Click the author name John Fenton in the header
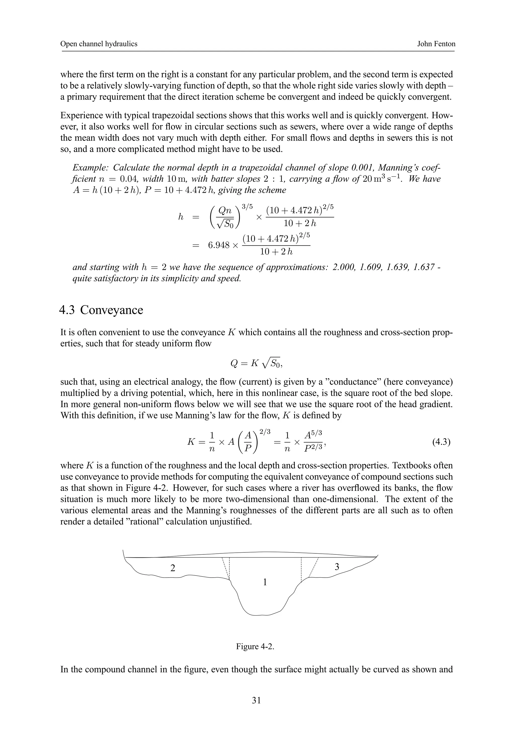[x=436, y=44]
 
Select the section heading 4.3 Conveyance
[x=101, y=310]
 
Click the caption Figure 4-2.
[x=255, y=646]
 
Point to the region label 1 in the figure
[x=265, y=582]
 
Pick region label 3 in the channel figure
[x=337, y=566]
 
